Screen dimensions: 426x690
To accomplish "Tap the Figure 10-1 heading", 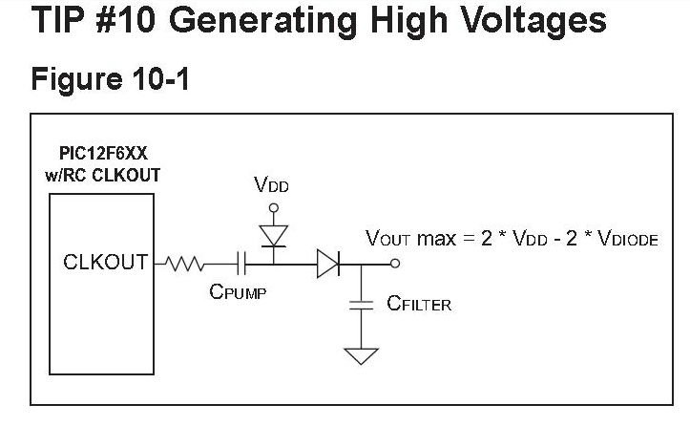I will click(x=110, y=79).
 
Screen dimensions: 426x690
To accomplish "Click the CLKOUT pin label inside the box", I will click(x=105, y=262).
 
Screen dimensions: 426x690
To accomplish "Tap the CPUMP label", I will click(x=238, y=292).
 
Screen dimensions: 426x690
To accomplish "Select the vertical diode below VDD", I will click(x=273, y=232).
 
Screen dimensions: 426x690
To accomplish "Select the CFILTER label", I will click(x=419, y=305).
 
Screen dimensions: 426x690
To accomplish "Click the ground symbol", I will click(x=361, y=356).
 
